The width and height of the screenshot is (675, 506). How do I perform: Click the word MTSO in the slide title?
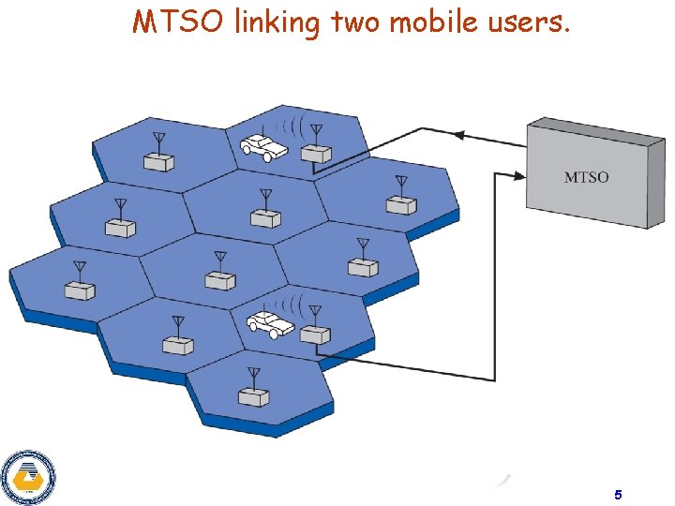tap(178, 22)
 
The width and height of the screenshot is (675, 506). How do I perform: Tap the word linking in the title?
tap(277, 22)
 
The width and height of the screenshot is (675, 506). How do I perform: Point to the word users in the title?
tap(526, 22)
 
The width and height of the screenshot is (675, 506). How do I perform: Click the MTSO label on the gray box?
tap(586, 177)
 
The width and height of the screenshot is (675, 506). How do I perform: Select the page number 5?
tap(618, 494)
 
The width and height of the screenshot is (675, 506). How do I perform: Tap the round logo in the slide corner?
tap(27, 477)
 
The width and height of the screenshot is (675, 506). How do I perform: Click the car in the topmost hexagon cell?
tap(263, 145)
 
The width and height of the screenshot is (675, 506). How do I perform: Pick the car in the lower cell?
tap(269, 324)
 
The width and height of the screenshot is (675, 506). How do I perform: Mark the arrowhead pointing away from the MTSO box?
tap(459, 134)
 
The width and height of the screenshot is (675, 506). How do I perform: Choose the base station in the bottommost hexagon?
tap(253, 396)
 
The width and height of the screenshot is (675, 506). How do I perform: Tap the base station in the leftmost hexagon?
tap(80, 290)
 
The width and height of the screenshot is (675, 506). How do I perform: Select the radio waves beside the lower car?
tap(296, 305)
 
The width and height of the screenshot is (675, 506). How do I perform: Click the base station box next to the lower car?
tap(316, 334)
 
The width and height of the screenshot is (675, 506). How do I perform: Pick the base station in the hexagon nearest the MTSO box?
tap(401, 204)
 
